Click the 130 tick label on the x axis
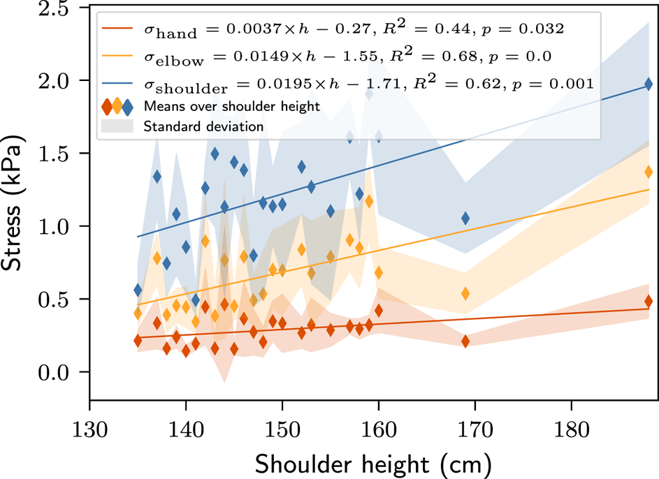89,427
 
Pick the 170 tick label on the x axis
475,427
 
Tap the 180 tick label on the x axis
572,427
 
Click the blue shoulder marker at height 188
649,84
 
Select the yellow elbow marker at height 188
649,172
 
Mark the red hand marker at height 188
649,302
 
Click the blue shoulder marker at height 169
465,219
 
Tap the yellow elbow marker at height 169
465,293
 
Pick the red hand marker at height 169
465,341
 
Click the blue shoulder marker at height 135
138,290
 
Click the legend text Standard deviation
203,127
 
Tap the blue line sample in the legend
117,83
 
